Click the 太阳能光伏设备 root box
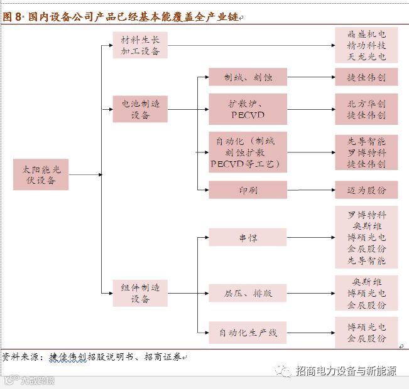tap(41, 174)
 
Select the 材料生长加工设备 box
tap(140, 45)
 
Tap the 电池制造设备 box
tap(140, 109)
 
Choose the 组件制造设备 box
tap(140, 293)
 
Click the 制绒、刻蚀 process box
tap(248, 78)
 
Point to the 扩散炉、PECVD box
tap(248, 109)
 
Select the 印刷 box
tap(248, 189)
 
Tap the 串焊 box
tap(248, 237)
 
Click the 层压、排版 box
tap(248, 293)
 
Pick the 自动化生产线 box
tap(248, 332)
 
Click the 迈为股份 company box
tap(366, 189)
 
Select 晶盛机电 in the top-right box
tap(366, 35)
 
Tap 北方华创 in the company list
tap(366, 104)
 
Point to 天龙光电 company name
tap(366, 56)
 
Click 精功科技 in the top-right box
tap(366, 45)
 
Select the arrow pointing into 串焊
tap(202, 237)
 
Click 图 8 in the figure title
tap(13, 18)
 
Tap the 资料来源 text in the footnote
tap(21, 357)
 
